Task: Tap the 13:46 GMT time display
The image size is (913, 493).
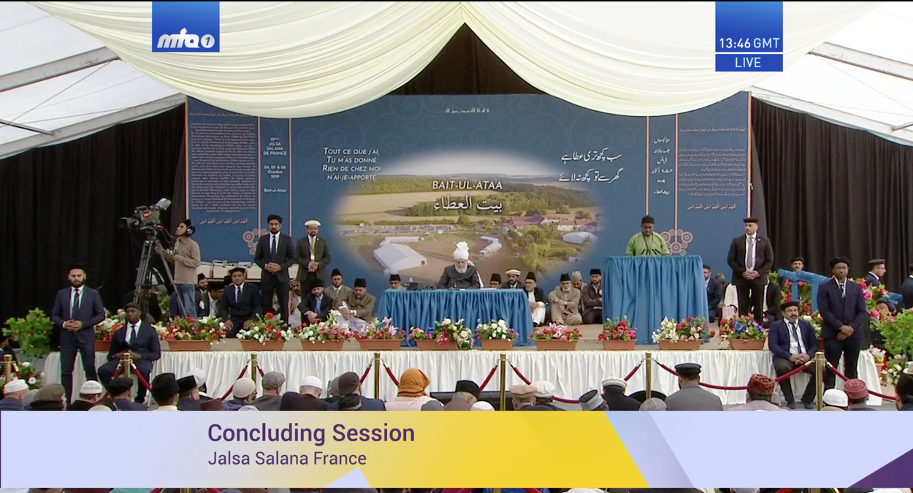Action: pos(749,43)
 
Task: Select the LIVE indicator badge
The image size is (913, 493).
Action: pos(749,63)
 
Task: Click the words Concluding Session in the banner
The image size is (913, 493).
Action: pos(311,433)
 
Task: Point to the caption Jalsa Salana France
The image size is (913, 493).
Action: pos(287,459)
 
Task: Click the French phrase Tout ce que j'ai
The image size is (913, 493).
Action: pos(351,151)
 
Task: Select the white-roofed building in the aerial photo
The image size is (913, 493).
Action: pos(399,256)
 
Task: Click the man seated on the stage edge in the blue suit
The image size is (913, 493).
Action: pos(792,351)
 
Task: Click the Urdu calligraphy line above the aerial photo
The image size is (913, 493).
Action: pos(590,166)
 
